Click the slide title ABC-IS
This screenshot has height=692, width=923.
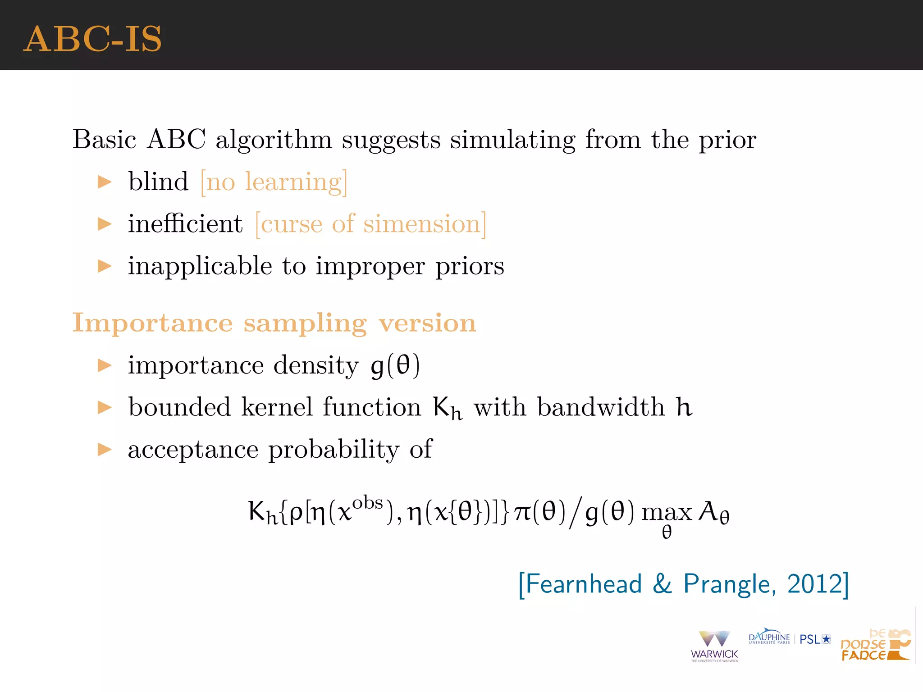[x=92, y=39]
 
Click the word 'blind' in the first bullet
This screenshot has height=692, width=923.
[x=158, y=182]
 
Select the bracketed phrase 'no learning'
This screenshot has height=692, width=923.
[x=274, y=182]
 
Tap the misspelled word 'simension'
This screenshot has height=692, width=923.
[x=421, y=224]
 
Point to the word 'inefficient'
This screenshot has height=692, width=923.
[x=185, y=223]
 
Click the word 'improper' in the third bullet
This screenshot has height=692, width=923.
[x=370, y=266]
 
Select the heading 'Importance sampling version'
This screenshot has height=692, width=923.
[x=274, y=323]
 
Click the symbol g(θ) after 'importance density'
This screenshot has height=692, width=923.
[x=395, y=365]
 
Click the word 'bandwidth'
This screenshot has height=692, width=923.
[x=601, y=407]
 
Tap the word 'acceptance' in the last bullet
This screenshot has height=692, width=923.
[x=192, y=450]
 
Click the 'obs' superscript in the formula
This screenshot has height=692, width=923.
[x=367, y=502]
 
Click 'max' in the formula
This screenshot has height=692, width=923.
[x=666, y=513]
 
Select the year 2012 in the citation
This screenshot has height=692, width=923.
[x=814, y=584]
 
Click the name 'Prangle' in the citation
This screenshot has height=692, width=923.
[x=729, y=584]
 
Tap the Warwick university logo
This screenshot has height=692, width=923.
[x=714, y=646]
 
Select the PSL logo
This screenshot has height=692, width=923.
[x=815, y=639]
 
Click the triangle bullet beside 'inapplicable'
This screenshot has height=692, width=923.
[x=105, y=266]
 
